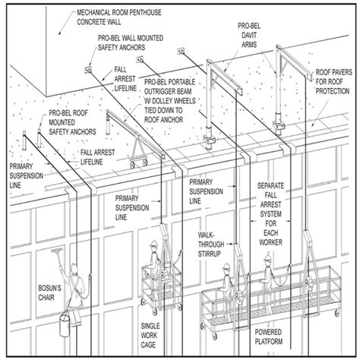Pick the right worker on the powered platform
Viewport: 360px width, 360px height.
(x=268, y=273)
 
